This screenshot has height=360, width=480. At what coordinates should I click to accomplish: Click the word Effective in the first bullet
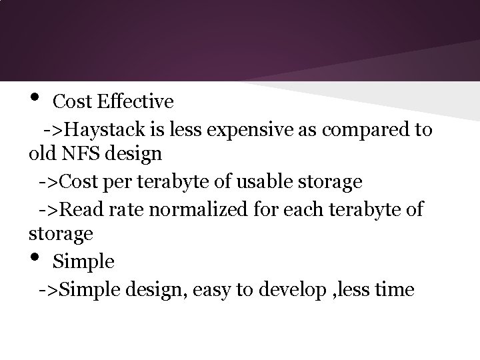135,101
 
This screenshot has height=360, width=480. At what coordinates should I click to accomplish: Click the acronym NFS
79,154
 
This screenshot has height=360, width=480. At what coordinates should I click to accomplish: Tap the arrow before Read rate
50,211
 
